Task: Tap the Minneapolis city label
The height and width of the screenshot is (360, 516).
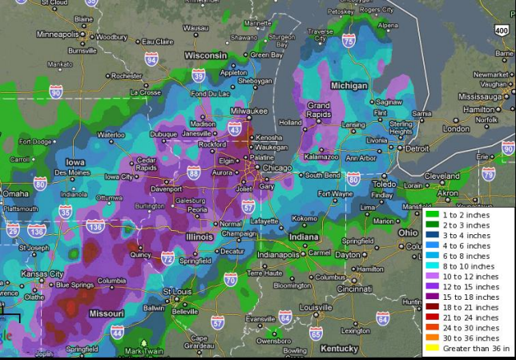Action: click(58, 34)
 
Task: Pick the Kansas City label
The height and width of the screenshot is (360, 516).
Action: click(45, 273)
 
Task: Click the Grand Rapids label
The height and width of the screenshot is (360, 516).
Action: click(319, 109)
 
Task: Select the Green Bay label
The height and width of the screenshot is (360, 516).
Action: click(266, 55)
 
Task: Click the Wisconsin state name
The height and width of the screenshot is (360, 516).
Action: click(207, 55)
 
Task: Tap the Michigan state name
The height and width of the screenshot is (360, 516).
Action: click(349, 85)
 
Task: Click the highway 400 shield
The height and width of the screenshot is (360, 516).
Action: click(501, 29)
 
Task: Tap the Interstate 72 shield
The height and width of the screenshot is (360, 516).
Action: click(167, 258)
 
